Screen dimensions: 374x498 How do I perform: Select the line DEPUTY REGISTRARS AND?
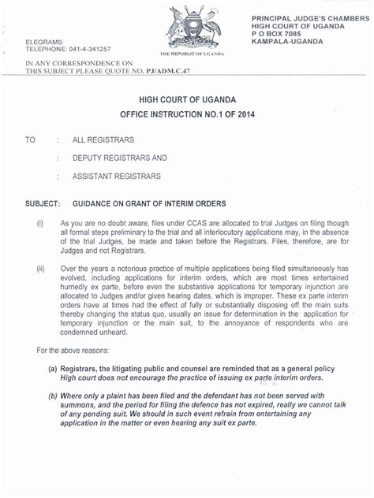[x=119, y=158]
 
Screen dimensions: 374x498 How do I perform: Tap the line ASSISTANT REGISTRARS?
[x=116, y=175]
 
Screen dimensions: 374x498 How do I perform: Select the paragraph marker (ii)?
[x=40, y=269]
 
